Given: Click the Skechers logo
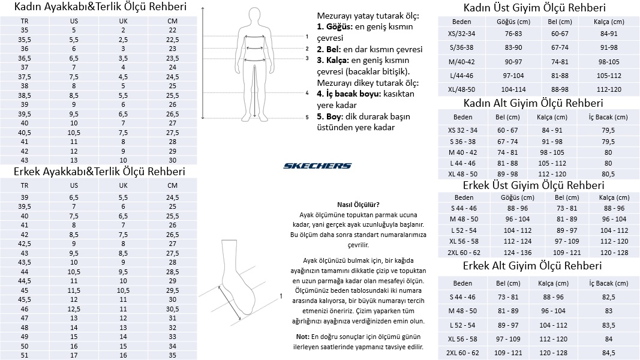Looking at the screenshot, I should click(x=317, y=166).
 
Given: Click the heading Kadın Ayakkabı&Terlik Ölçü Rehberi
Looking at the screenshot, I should click(x=100, y=8).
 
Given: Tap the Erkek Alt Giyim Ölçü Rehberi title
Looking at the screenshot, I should click(x=532, y=266).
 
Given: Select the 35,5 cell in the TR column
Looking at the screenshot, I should click(x=25, y=39).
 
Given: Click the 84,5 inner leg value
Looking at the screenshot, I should click(x=608, y=352).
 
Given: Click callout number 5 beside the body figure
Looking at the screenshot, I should click(x=307, y=118).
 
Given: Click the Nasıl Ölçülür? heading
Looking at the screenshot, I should click(x=358, y=204).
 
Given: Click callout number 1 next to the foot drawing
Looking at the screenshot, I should click(x=281, y=295).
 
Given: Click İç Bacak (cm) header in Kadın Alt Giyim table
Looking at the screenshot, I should click(x=608, y=117).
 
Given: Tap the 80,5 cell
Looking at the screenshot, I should click(x=608, y=173).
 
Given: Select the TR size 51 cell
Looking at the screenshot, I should click(x=25, y=355).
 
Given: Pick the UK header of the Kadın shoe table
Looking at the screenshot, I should click(x=123, y=21).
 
